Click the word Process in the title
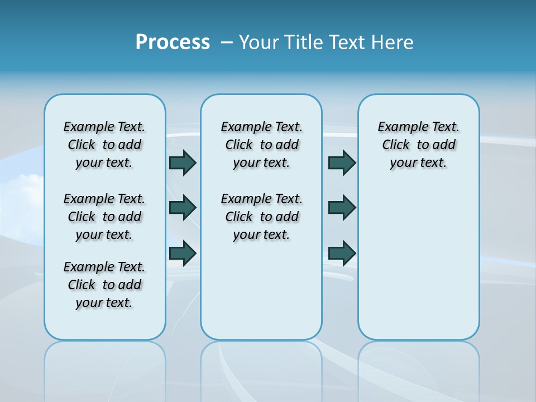pyautogui.click(x=173, y=42)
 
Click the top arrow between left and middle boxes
pyautogui.click(x=183, y=162)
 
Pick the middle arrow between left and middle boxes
pyautogui.click(x=183, y=208)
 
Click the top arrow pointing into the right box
pyautogui.click(x=342, y=162)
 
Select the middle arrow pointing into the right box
pyautogui.click(x=342, y=208)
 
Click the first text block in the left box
pyautogui.click(x=104, y=145)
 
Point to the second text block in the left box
pyautogui.click(x=104, y=217)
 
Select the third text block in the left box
pyautogui.click(x=104, y=285)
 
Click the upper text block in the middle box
pyautogui.click(x=261, y=145)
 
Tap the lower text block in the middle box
pyautogui.click(x=261, y=217)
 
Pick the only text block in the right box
pyautogui.click(x=418, y=145)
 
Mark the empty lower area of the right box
pyautogui.click(x=418, y=262)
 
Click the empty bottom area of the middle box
pyautogui.click(x=261, y=296)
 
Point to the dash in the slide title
pyautogui.click(x=227, y=42)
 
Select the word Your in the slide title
pyautogui.click(x=259, y=42)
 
